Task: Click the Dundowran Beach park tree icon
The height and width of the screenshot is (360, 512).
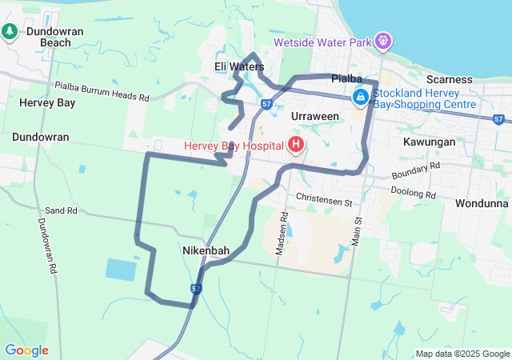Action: click(10, 31)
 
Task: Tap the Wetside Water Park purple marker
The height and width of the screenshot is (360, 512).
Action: click(383, 39)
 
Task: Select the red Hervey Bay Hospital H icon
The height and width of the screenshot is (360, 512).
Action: click(295, 145)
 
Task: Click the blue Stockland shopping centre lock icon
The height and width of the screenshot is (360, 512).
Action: click(361, 97)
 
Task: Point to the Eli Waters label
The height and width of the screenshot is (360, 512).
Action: click(239, 66)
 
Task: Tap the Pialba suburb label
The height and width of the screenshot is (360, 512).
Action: click(347, 78)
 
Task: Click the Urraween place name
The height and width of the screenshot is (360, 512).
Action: click(315, 116)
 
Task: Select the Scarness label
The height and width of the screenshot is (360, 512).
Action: click(449, 79)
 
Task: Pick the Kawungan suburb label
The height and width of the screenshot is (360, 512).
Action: click(430, 142)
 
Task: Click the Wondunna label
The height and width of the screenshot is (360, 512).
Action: click(482, 203)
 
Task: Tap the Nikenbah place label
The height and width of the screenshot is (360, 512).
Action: click(206, 250)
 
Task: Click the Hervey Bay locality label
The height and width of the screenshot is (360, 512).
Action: click(47, 102)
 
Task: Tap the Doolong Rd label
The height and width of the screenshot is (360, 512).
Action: click(414, 193)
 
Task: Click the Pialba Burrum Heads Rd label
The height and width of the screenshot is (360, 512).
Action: click(102, 90)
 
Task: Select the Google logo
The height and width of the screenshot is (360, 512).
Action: click(26, 350)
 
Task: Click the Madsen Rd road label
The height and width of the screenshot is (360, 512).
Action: click(282, 233)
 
